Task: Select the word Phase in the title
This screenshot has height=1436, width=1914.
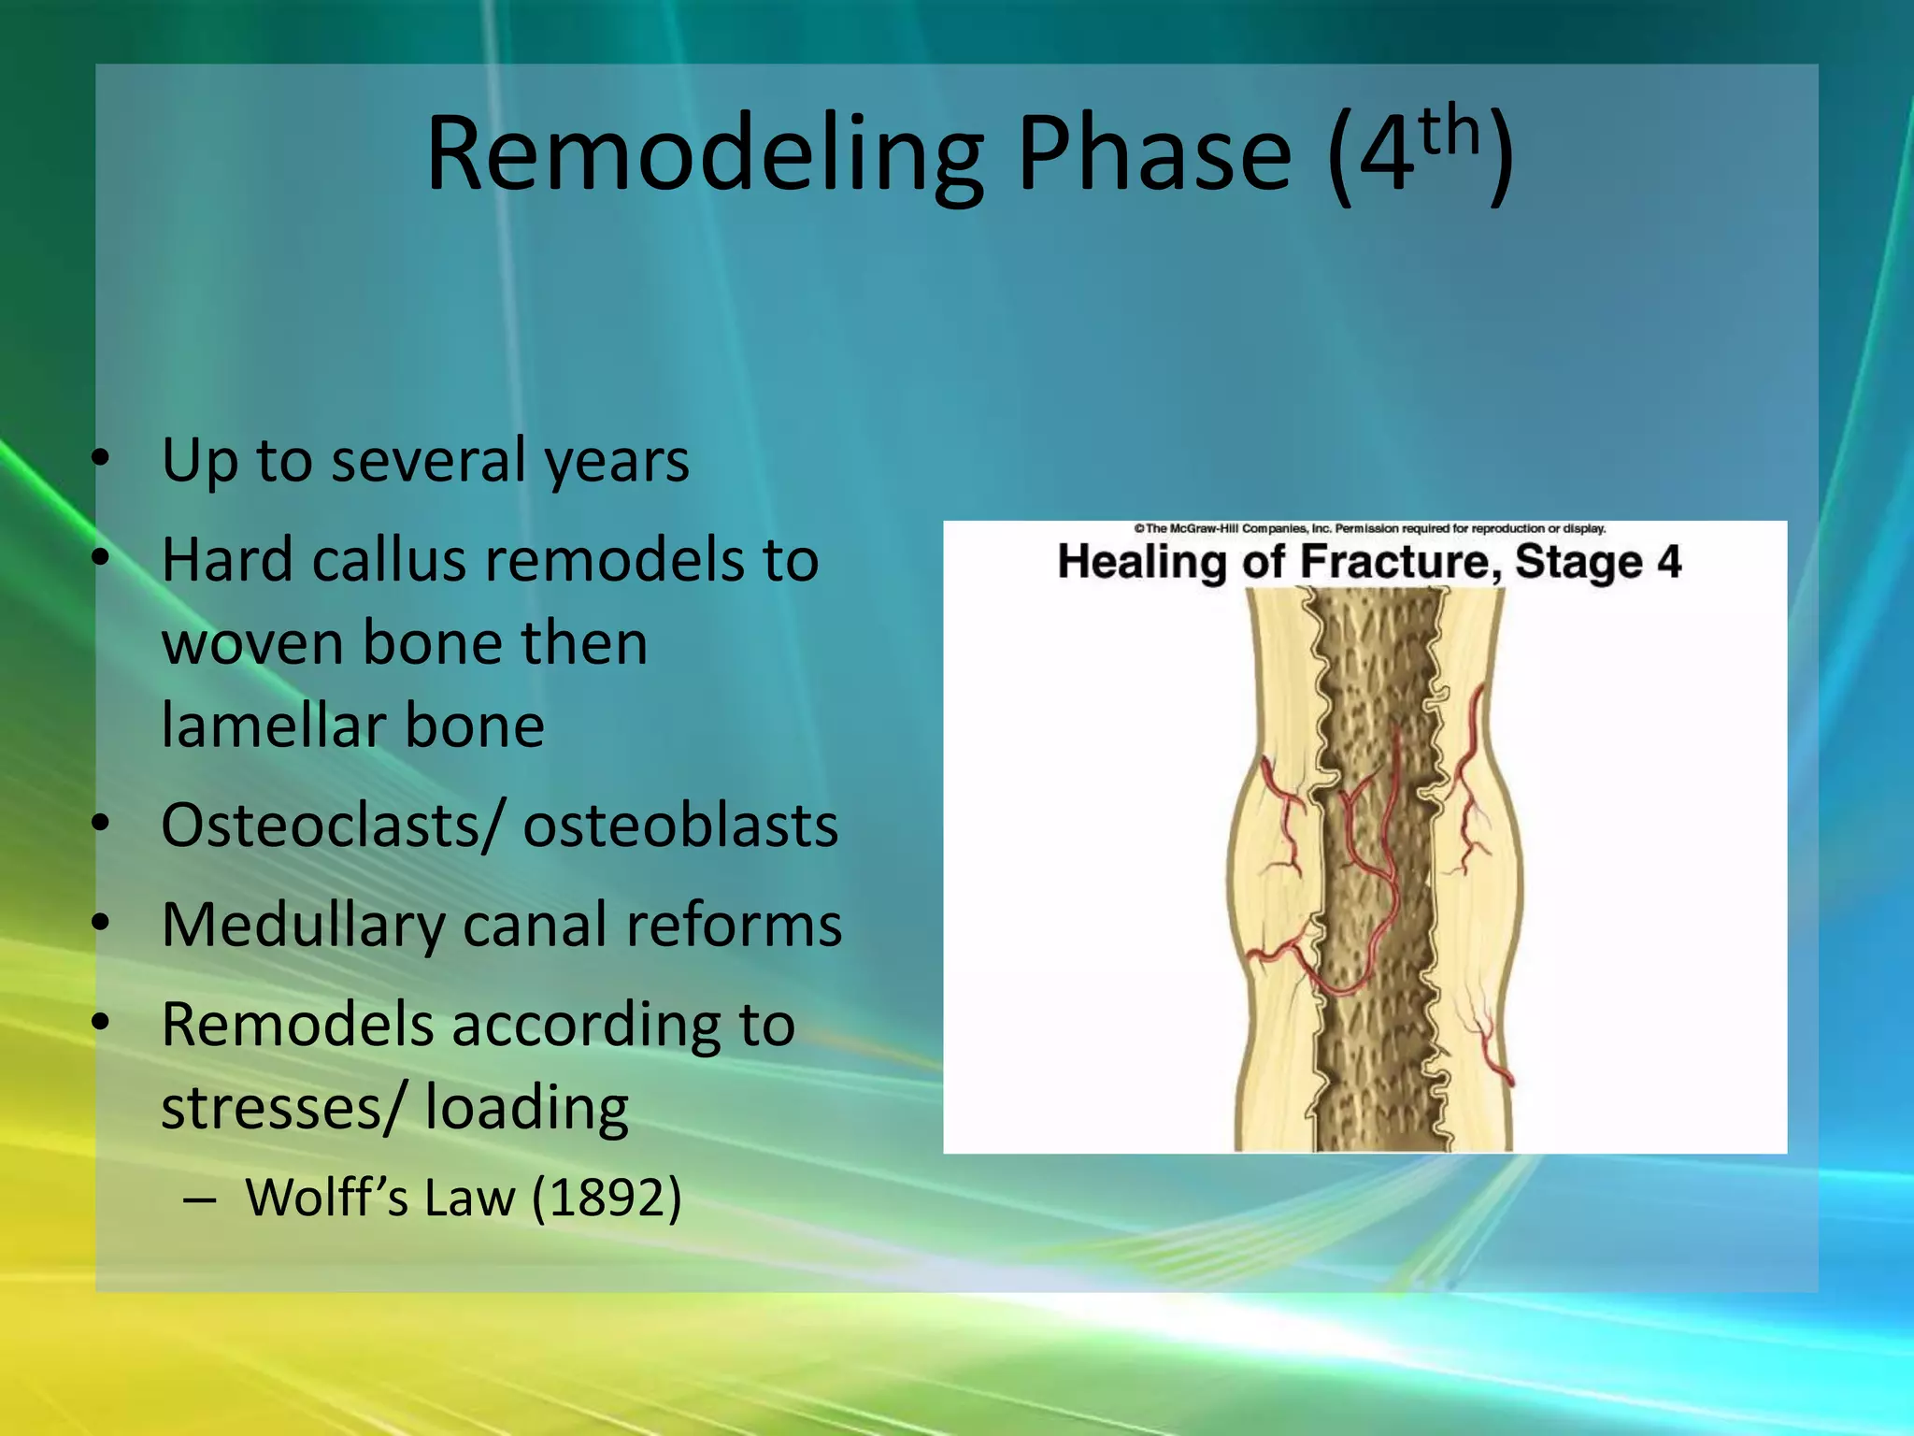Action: (1154, 154)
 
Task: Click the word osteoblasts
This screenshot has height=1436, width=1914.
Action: (680, 826)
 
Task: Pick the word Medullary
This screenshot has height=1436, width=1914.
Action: (303, 926)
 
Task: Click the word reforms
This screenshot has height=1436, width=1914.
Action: (734, 926)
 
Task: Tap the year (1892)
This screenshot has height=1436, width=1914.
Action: (607, 1198)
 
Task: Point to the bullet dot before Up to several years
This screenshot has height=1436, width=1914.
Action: (101, 459)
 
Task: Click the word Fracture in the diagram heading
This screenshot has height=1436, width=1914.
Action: (1399, 563)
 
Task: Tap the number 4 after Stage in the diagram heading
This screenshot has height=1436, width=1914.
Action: (1669, 563)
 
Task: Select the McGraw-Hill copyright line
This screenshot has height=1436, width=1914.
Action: (1369, 529)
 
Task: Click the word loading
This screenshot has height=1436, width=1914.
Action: (526, 1109)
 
